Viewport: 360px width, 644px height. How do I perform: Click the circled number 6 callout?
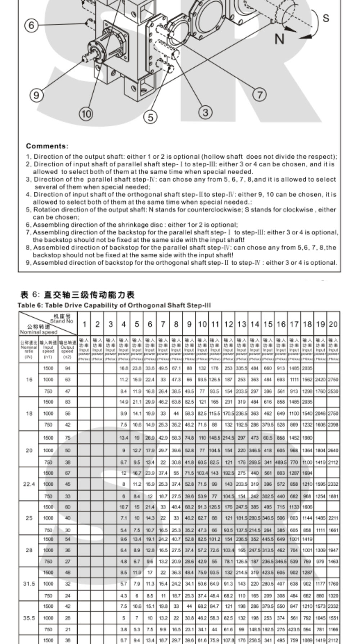[x=31, y=25]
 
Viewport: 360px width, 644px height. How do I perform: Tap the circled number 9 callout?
[x=36, y=95]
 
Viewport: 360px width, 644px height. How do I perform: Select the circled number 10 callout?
[x=86, y=114]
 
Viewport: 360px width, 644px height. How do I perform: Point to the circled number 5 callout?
[x=150, y=117]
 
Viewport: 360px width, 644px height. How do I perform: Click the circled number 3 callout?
[x=205, y=112]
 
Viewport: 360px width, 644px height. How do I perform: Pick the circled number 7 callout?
[x=259, y=95]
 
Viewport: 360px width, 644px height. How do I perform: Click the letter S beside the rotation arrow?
[x=325, y=18]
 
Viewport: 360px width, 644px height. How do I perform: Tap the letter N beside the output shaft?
[x=280, y=39]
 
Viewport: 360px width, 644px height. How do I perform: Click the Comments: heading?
[x=47, y=146]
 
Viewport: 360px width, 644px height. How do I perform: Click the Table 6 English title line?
[x=114, y=305]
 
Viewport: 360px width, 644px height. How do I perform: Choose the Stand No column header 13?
[x=242, y=324]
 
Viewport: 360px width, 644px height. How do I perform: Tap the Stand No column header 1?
[x=84, y=324]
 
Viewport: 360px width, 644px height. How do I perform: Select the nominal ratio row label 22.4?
[x=29, y=484]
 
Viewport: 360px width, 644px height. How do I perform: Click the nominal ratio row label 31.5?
[x=29, y=584]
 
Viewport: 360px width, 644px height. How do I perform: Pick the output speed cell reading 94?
[x=67, y=368]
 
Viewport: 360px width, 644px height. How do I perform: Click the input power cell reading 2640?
[x=333, y=450]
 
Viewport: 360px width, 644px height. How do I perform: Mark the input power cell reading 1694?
[x=307, y=473]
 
